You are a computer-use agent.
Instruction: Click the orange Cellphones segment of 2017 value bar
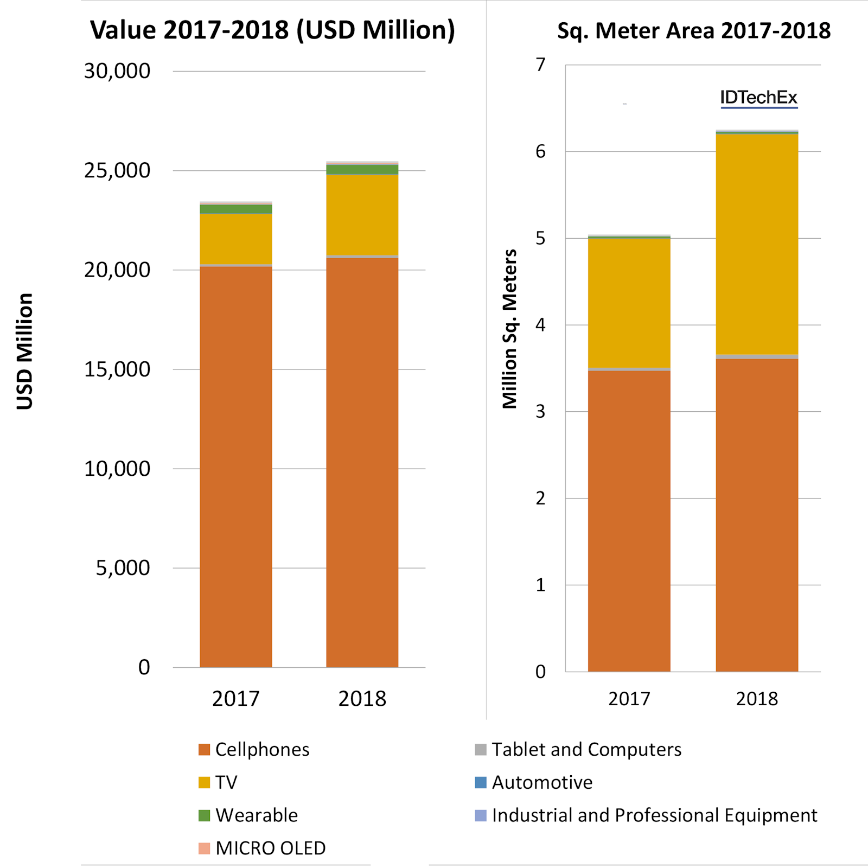pos(236,467)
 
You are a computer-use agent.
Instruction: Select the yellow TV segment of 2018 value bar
pos(362,215)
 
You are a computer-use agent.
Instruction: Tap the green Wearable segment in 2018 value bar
pos(362,170)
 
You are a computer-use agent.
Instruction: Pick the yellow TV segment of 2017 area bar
pos(629,303)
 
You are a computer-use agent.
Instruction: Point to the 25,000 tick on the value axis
pos(117,170)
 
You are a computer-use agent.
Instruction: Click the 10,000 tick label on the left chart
pos(117,469)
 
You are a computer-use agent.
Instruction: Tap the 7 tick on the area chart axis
pos(540,65)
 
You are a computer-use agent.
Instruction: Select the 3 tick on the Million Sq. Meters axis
pos(540,411)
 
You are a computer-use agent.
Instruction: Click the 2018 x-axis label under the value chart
pos(362,699)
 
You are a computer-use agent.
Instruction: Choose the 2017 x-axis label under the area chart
pos(629,699)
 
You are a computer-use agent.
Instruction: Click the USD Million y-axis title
pos(25,351)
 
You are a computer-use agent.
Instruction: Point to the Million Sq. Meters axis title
pos(510,329)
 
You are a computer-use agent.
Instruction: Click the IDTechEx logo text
pos(758,98)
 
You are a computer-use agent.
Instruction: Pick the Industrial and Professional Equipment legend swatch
pos(481,815)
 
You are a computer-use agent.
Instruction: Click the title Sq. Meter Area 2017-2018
pos(694,31)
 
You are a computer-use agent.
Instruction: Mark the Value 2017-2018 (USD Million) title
pos(272,30)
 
